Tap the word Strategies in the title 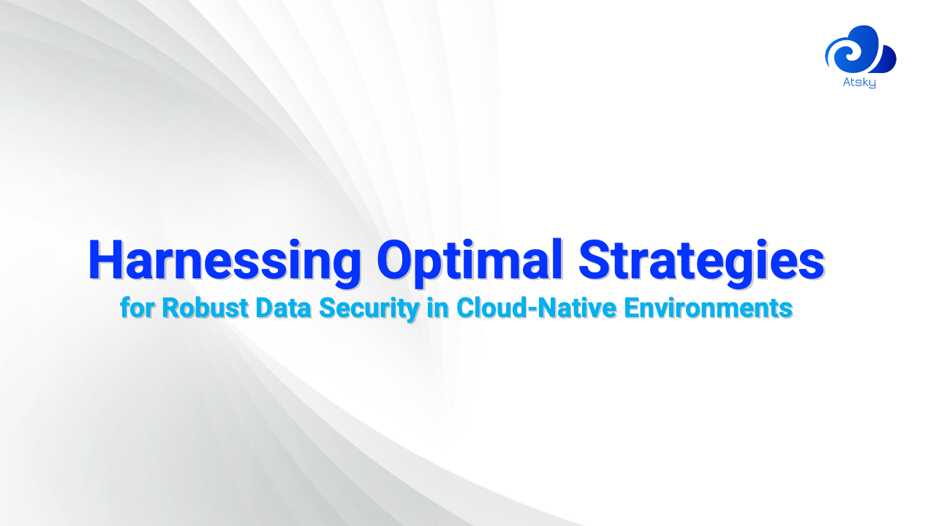coord(701,261)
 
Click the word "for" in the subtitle coord(137,308)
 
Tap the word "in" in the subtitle coord(437,308)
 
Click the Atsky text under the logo coord(859,83)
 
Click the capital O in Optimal coord(399,261)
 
